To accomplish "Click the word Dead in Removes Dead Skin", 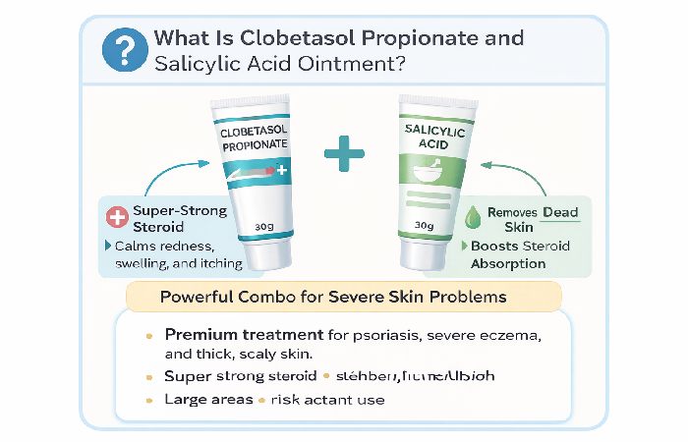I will (x=558, y=212).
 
